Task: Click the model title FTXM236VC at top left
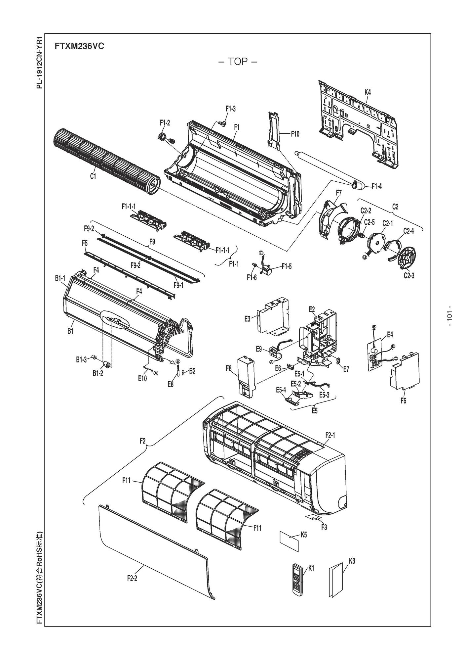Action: tap(79, 46)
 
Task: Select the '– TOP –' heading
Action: tap(238, 62)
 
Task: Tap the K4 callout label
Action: tap(368, 92)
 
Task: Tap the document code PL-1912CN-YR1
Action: tap(39, 62)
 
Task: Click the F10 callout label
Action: tap(295, 134)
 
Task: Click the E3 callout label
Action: tap(256, 318)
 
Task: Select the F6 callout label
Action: tap(404, 401)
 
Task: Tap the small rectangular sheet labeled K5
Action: tap(289, 542)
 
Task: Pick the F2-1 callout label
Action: tap(330, 435)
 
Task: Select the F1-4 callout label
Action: tap(376, 186)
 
